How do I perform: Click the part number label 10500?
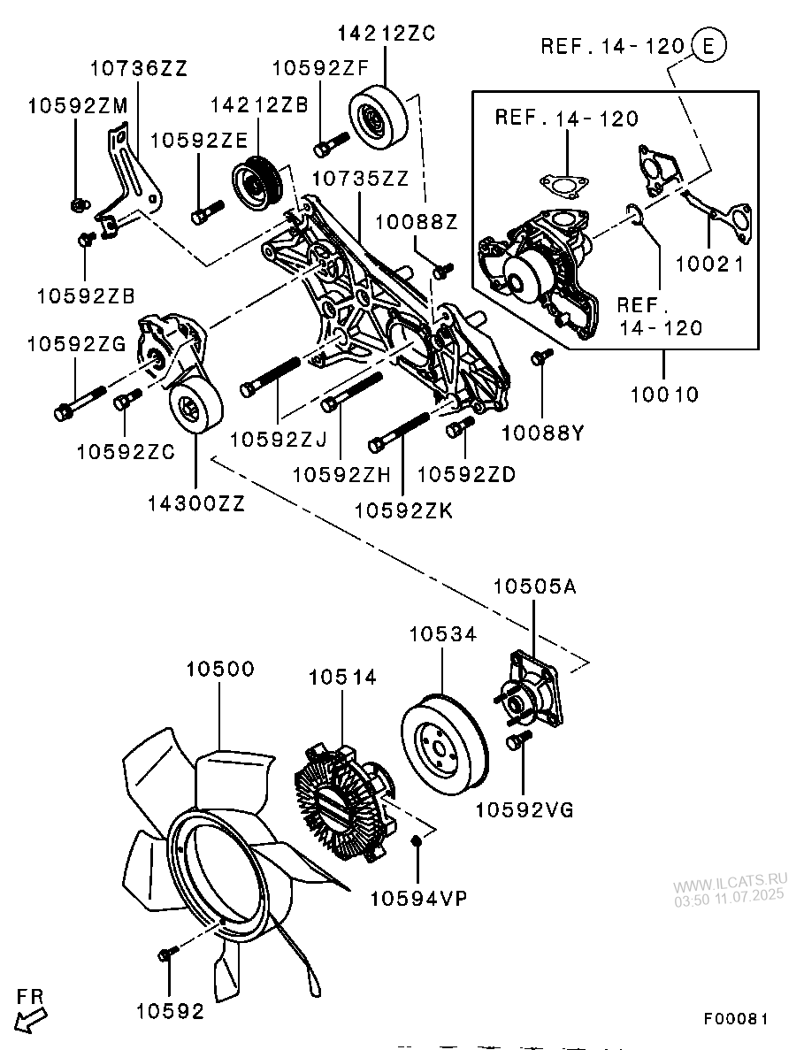point(220,670)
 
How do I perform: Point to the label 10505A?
point(534,586)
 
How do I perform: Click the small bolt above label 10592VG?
point(518,739)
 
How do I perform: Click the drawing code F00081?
point(736,1020)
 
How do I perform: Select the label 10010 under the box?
point(664,395)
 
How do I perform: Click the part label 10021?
point(709,264)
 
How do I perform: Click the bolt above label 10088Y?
point(539,356)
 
